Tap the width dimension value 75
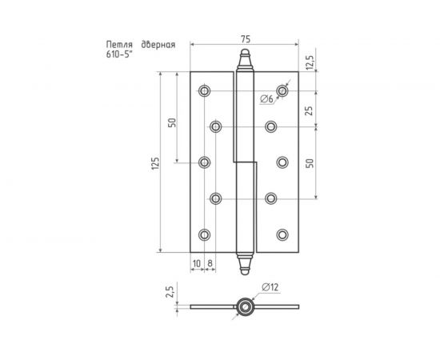[244, 38]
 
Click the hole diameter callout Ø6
[266, 98]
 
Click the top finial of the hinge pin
[244, 61]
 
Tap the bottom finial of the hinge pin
[244, 263]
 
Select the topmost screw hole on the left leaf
[204, 90]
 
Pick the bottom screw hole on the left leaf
[204, 234]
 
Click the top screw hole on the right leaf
[282, 90]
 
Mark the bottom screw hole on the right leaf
[282, 234]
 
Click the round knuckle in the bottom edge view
[244, 306]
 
